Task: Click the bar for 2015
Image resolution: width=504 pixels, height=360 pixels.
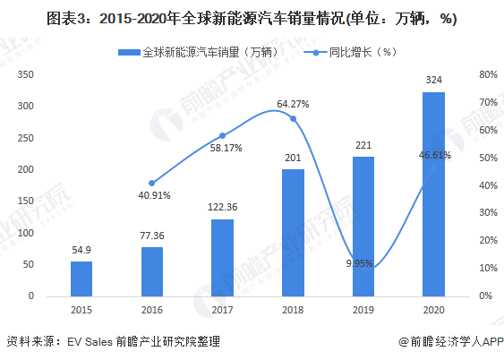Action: click(81, 279)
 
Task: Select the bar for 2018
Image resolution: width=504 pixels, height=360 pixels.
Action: click(293, 232)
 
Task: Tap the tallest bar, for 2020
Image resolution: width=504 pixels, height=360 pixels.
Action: click(433, 193)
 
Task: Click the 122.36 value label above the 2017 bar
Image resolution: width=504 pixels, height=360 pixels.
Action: click(222, 207)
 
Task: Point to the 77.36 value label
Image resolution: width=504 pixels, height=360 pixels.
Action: click(151, 235)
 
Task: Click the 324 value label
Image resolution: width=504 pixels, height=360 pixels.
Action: click(434, 81)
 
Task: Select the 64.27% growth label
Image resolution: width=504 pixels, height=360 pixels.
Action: click(295, 104)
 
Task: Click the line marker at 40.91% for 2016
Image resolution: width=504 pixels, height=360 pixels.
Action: click(151, 183)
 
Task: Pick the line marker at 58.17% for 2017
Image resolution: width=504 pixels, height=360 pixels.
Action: click(222, 135)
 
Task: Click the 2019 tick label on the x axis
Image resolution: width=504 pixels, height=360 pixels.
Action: click(363, 311)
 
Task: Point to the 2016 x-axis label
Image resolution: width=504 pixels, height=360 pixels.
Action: click(151, 311)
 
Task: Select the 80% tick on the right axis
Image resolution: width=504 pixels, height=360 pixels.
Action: click(488, 75)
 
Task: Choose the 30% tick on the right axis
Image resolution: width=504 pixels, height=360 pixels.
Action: click(488, 213)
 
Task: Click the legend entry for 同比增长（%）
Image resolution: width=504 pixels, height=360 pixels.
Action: click(357, 52)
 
